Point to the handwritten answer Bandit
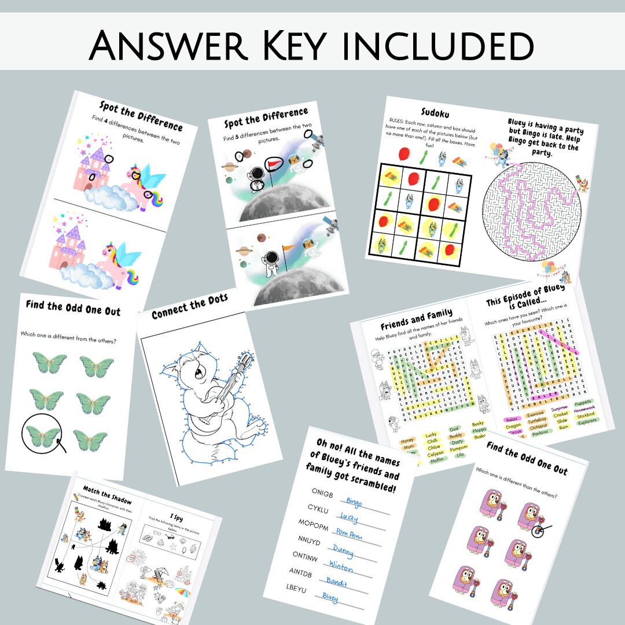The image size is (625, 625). [x=336, y=580]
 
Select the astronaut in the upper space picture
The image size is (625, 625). [x=254, y=177]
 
